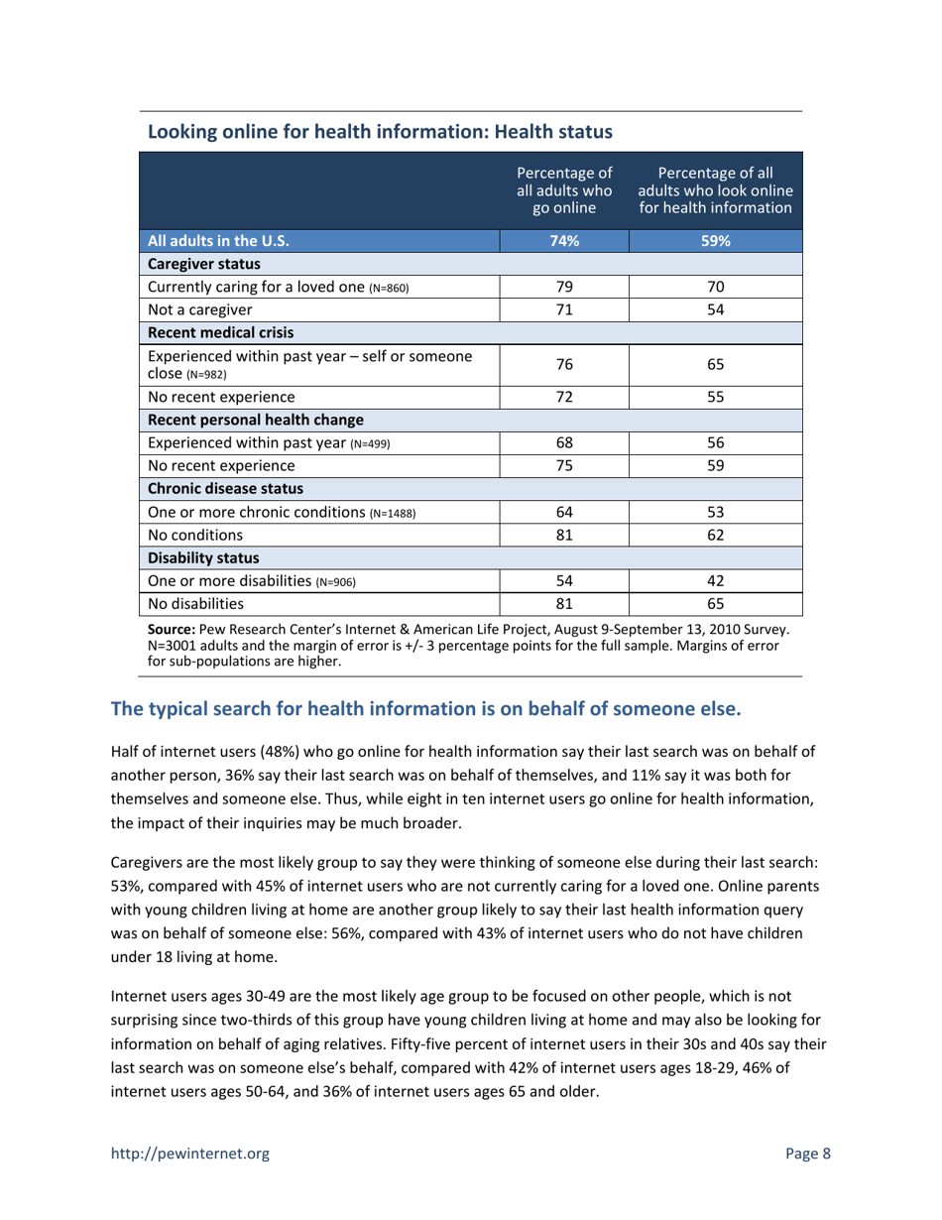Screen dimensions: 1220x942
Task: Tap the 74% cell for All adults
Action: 563,240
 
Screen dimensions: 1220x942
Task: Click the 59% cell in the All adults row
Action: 715,240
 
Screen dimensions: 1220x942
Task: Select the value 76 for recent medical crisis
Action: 563,364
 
